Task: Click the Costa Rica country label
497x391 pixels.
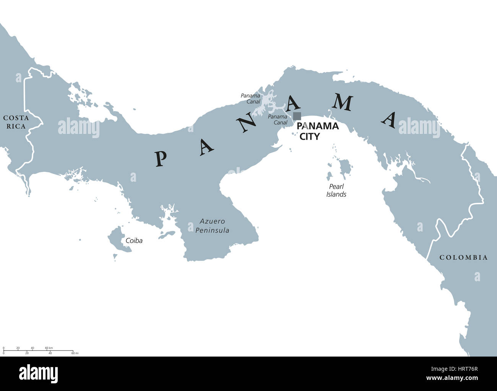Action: click(16, 122)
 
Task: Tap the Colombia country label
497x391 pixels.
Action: click(463, 257)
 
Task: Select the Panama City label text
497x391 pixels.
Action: click(317, 131)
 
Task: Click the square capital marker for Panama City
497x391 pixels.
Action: click(297, 116)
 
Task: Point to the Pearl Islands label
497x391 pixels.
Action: click(336, 191)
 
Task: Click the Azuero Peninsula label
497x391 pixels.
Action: click(212, 226)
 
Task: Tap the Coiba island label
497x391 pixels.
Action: click(134, 241)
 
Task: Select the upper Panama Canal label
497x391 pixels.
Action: click(250, 99)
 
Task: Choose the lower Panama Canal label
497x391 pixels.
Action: click(278, 119)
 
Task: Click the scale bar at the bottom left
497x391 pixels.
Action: click(38, 350)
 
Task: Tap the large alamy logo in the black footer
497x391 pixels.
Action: click(39, 374)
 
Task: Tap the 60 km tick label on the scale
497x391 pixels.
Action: click(49, 348)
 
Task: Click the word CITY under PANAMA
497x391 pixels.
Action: click(309, 136)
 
